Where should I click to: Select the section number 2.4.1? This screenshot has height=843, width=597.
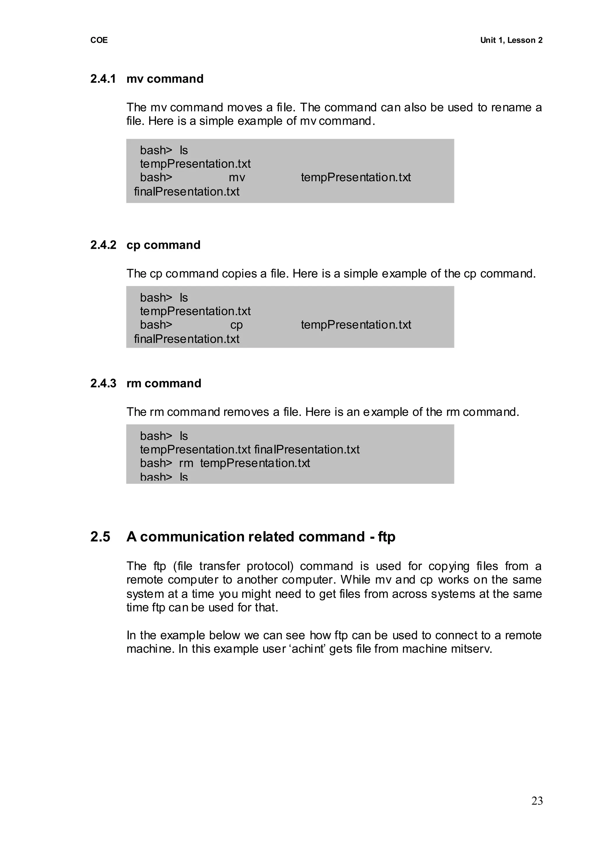[x=103, y=79]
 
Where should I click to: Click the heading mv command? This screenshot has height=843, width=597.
[x=165, y=79]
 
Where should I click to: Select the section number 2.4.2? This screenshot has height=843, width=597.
[x=103, y=245]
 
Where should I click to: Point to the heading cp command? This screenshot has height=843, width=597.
[x=163, y=245]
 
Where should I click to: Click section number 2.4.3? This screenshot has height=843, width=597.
[x=103, y=383]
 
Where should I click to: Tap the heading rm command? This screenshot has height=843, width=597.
[x=164, y=383]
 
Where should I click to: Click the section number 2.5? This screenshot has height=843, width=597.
[x=100, y=537]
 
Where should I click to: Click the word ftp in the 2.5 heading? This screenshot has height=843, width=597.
[x=386, y=537]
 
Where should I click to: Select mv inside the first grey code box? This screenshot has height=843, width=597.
[x=237, y=178]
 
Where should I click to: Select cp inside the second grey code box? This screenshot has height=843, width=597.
[x=236, y=325]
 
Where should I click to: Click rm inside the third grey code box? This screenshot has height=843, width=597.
[x=186, y=463]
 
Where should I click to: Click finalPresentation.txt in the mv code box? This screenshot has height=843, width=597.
[x=187, y=192]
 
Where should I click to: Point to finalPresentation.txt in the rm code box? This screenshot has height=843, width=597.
[x=307, y=449]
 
